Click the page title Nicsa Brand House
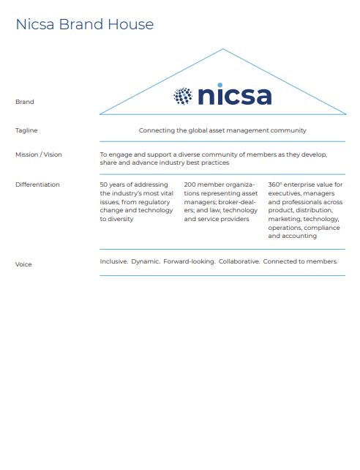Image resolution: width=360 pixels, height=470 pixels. tap(85, 24)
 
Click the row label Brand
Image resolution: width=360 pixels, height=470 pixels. tap(25, 102)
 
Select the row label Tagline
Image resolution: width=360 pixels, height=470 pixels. tap(26, 130)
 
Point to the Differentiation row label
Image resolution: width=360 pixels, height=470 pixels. tap(37, 184)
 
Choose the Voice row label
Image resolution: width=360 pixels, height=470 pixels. tap(23, 264)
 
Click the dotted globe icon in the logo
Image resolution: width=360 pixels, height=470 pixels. tap(183, 96)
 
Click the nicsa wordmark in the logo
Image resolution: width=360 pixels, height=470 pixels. tap(234, 96)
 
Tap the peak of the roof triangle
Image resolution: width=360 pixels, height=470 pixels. tap(223, 50)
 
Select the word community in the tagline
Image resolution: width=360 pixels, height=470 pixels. tap(288, 130)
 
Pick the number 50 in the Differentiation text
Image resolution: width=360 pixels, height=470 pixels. tap(104, 184)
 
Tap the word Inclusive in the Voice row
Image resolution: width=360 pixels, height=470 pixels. tap(113, 261)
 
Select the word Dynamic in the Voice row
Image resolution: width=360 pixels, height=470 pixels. tap(145, 261)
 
